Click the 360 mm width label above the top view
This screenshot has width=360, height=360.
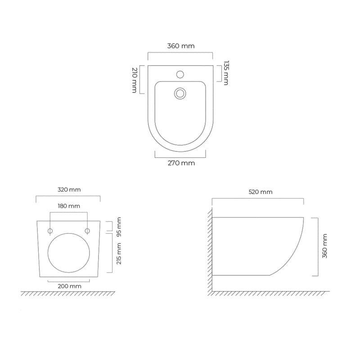[x=180, y=46]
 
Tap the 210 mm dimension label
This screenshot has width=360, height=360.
[x=134, y=80]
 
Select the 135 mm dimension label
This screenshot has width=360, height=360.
[x=226, y=73]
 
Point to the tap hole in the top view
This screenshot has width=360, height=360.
[x=180, y=74]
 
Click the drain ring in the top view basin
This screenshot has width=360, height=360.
[x=180, y=93]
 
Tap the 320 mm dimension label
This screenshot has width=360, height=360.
[x=69, y=190]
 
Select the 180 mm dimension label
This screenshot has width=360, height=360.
[x=69, y=206]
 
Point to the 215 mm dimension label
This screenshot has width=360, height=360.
[x=119, y=253]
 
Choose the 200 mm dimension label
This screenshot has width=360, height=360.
[x=70, y=286]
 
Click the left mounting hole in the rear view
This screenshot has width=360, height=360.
[x=50, y=231]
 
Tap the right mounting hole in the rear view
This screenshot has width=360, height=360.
[x=87, y=231]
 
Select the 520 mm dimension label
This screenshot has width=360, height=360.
[x=261, y=192]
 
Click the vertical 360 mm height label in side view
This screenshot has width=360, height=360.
[x=325, y=246]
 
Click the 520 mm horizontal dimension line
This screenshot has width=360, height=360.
[x=258, y=198]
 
